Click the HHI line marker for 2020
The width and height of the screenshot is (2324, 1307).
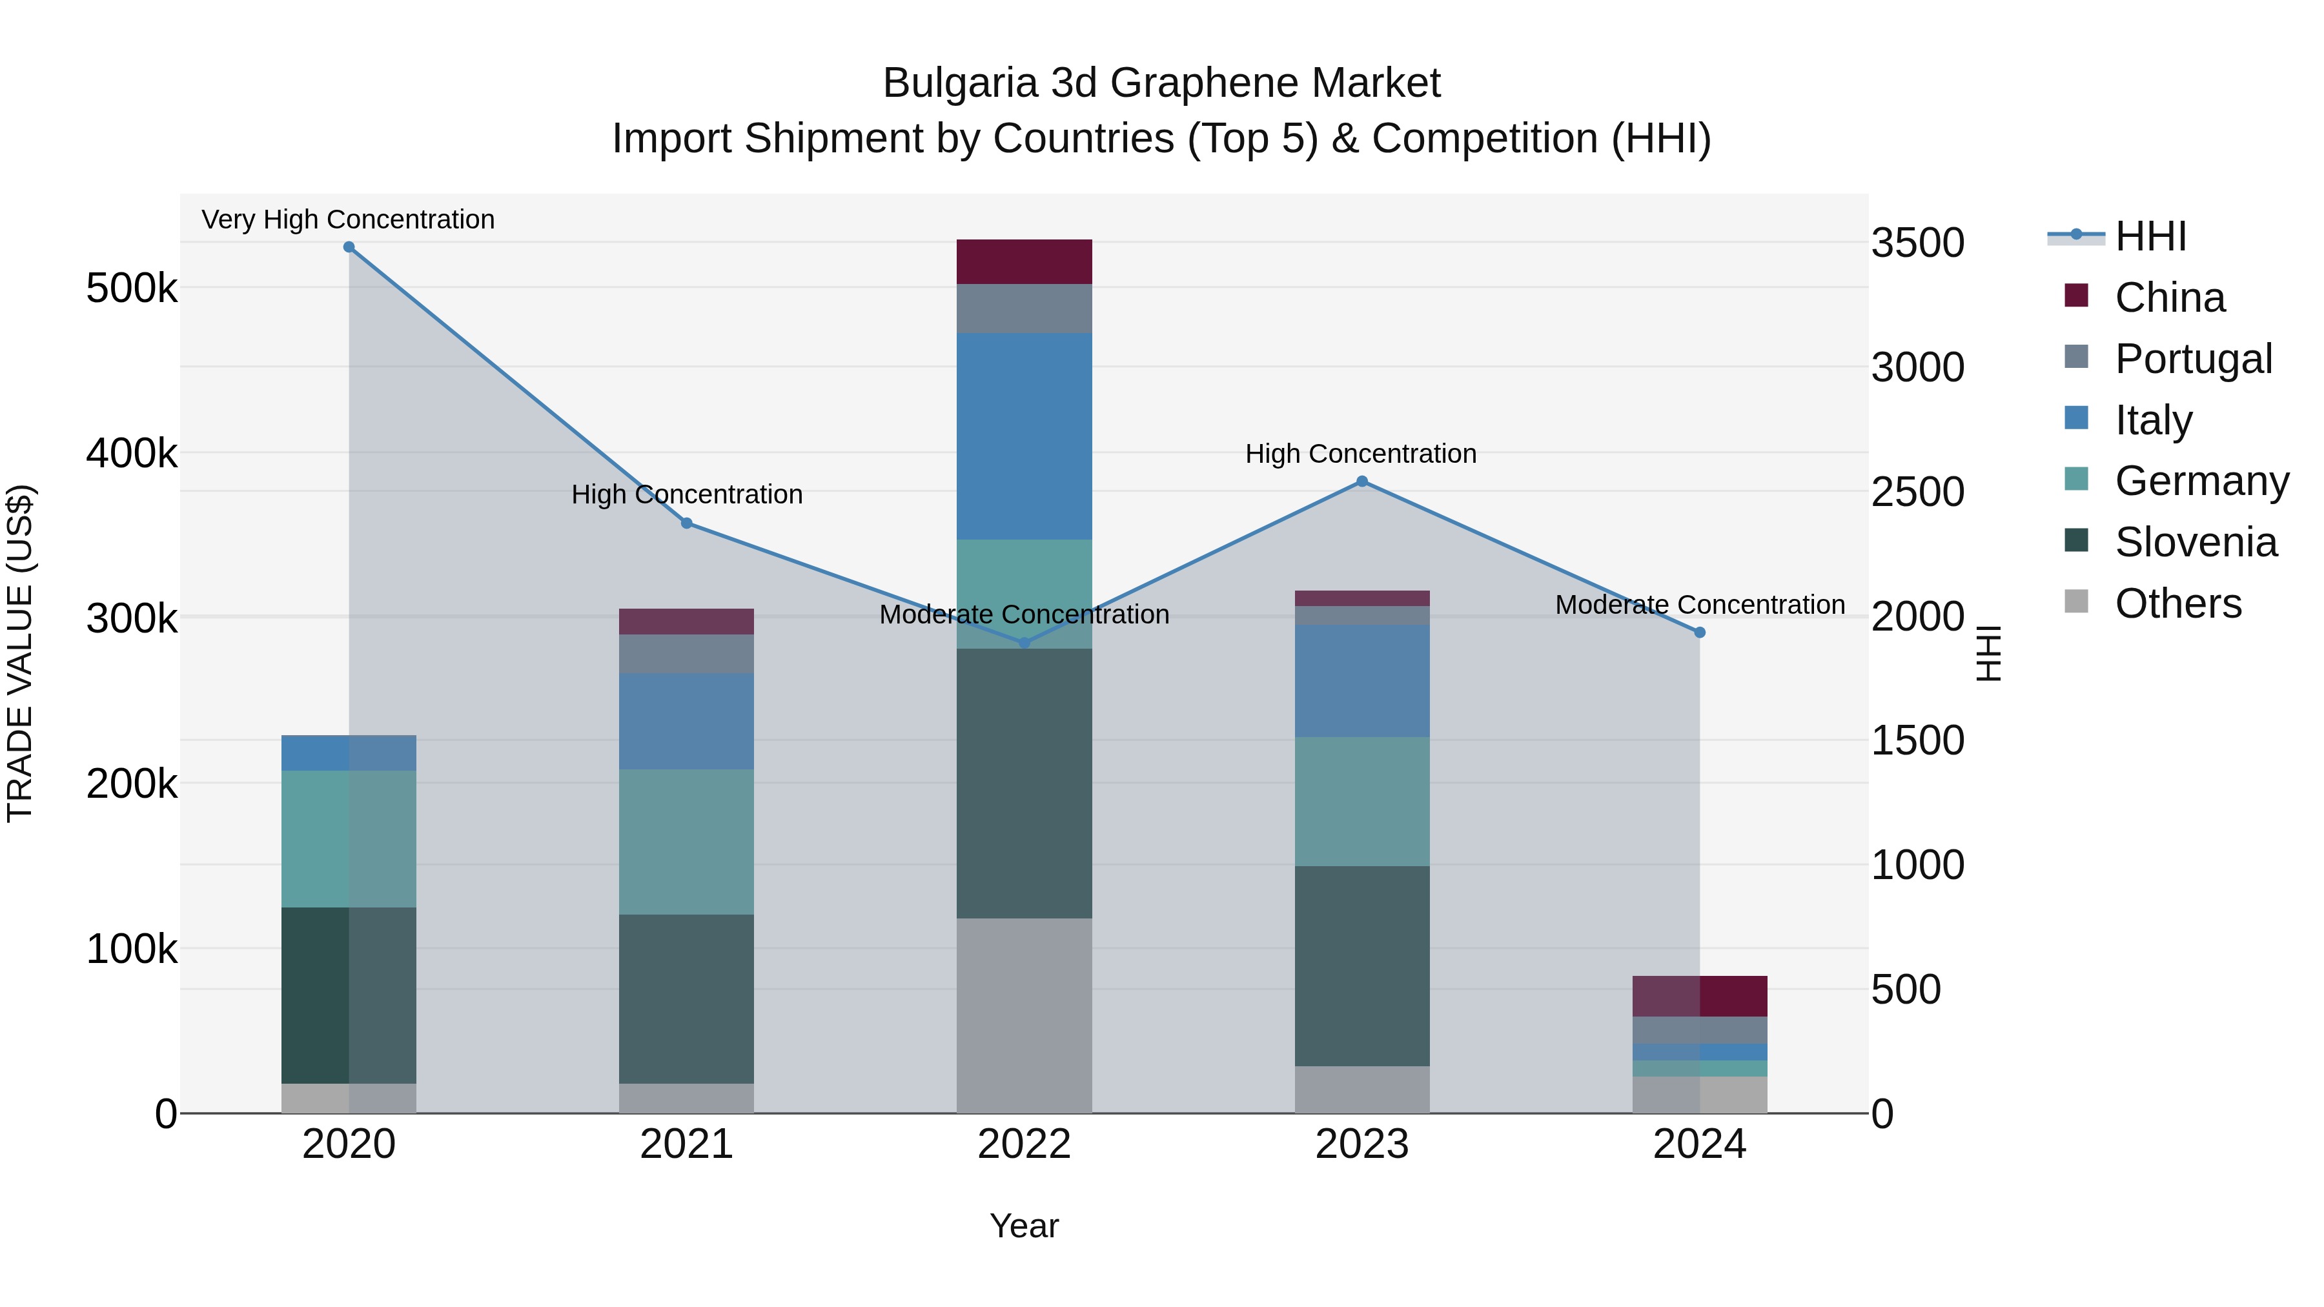349,247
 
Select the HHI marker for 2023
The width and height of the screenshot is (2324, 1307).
1362,481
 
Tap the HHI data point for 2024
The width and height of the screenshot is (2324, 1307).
1700,633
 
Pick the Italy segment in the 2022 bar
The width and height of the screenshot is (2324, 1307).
1024,436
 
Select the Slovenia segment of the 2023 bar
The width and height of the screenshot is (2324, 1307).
1362,966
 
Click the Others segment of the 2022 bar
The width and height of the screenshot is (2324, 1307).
1024,1016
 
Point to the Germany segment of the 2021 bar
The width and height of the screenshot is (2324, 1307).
687,842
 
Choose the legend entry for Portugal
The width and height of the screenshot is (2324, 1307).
2192,359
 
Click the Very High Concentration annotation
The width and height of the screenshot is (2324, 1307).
348,219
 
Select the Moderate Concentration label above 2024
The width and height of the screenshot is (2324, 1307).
1700,604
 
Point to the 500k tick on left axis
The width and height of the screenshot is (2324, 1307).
132,289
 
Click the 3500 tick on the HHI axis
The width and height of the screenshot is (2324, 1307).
1918,243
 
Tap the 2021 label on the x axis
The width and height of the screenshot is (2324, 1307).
687,1144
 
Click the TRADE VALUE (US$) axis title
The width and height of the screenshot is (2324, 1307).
20,653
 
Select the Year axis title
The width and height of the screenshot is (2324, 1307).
1024,1226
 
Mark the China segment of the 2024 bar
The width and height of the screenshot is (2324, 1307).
1700,996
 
